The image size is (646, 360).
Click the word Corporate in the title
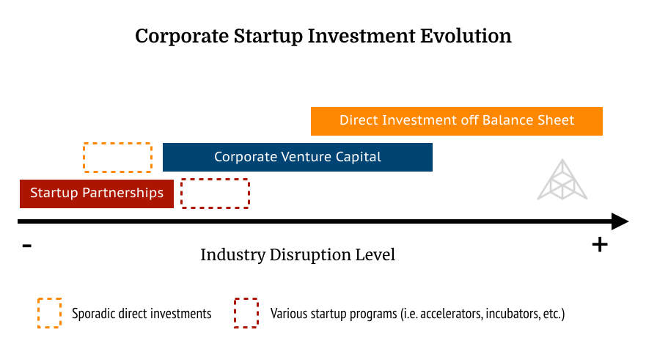point(182,36)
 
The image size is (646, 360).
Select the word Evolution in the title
point(466,35)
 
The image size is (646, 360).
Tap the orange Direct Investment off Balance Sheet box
point(457,121)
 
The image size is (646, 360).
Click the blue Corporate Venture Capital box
point(298,157)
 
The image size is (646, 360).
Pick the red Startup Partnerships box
point(96,194)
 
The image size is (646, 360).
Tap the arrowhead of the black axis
point(620,221)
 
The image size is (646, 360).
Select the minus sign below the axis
point(27,246)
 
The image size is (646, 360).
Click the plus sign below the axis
point(600,245)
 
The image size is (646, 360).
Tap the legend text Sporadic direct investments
point(142,314)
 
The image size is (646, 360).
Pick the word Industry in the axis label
point(232,255)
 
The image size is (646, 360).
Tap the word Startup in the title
point(268,36)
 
